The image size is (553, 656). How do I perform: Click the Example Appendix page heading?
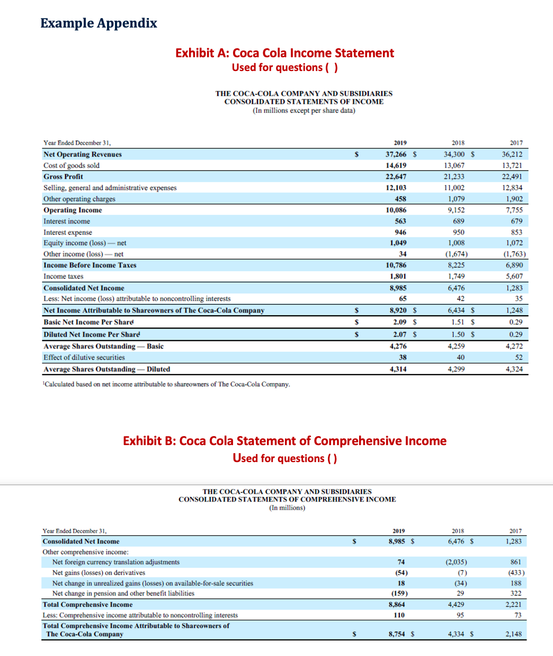click(99, 23)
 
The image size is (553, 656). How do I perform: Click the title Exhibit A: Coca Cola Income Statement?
click(284, 53)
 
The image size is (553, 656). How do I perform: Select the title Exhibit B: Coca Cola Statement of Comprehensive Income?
click(284, 441)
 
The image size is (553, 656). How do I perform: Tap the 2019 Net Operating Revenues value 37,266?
click(396, 154)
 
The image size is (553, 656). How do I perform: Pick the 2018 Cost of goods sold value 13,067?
click(454, 165)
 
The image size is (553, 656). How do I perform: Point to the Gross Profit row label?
click(63, 176)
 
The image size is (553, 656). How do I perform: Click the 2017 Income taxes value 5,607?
click(514, 276)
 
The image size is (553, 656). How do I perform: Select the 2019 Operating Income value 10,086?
click(396, 210)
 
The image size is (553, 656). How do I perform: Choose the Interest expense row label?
click(68, 232)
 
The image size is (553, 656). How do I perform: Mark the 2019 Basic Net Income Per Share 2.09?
click(399, 322)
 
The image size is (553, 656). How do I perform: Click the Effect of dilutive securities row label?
click(84, 358)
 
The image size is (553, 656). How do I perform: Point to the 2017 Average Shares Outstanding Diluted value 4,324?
click(514, 369)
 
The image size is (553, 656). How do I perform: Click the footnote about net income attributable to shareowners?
click(166, 384)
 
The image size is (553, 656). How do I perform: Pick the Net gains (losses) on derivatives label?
click(99, 573)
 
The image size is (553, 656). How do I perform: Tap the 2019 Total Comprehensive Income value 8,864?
click(397, 605)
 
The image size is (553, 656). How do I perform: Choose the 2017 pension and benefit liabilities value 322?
click(516, 593)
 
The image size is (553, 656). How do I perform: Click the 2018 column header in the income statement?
click(458, 143)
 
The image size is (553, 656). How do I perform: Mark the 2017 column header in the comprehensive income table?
click(515, 531)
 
